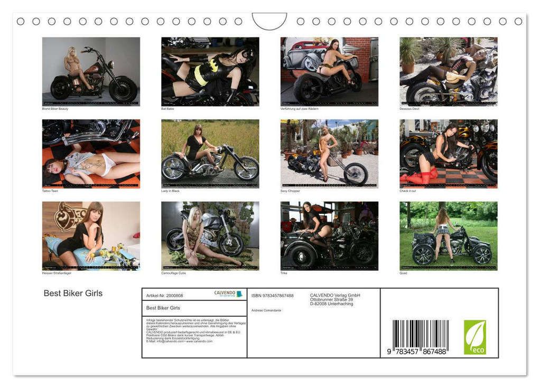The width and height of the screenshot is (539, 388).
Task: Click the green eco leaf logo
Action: click(x=475, y=337)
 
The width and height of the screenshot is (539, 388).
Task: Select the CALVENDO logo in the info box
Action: click(x=228, y=294)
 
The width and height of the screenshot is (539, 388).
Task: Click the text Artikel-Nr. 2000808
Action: click(x=164, y=296)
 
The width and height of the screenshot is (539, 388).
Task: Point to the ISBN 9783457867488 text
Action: click(x=272, y=296)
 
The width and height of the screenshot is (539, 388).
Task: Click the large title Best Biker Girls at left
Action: click(x=73, y=294)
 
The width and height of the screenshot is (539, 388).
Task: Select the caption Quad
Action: click(x=403, y=273)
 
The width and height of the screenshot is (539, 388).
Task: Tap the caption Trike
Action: click(x=284, y=273)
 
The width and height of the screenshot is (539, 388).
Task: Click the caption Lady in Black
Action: click(x=171, y=191)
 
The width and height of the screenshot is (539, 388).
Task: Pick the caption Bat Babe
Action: click(x=168, y=109)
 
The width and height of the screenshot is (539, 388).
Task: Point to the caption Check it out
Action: click(x=407, y=191)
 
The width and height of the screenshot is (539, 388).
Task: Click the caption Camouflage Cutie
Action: click(x=173, y=273)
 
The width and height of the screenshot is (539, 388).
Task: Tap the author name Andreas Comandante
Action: click(x=266, y=310)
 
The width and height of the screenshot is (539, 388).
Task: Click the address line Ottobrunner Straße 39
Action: click(x=331, y=299)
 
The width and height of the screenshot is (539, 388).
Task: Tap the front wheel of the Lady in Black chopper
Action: click(x=246, y=168)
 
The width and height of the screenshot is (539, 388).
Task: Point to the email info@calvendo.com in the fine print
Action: click(x=167, y=342)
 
